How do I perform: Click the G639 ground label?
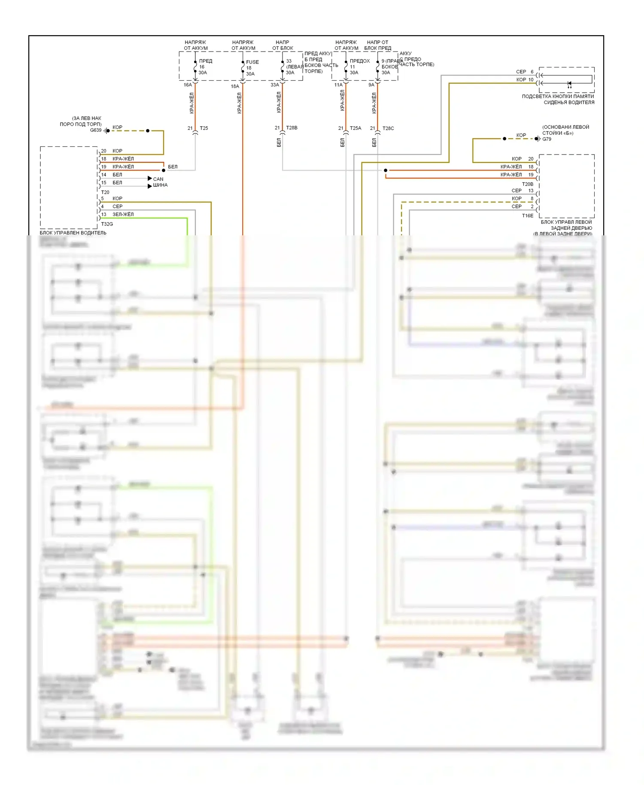coord(95,130)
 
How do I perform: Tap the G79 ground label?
coord(547,139)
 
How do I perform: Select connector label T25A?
coord(355,128)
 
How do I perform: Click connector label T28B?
coord(292,128)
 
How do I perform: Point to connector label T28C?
coord(388,128)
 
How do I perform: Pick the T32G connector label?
coord(107,224)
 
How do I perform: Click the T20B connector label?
coord(528,184)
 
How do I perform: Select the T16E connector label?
coord(528,216)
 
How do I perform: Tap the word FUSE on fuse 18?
coord(252,62)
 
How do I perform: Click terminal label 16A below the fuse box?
coord(188,85)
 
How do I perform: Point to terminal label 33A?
coord(275,85)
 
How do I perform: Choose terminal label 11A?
coord(338,85)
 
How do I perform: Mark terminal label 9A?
coord(371,85)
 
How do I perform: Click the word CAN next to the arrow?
coord(158,179)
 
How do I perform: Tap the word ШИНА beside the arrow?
coord(160,185)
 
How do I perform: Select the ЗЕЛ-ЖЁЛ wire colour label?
coord(123,214)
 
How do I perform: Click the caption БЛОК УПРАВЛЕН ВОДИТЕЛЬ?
coord(73,233)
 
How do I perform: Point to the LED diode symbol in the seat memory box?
coord(569,83)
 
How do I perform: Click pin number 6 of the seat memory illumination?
coord(532,72)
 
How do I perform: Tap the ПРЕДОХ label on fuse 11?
coord(360,61)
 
